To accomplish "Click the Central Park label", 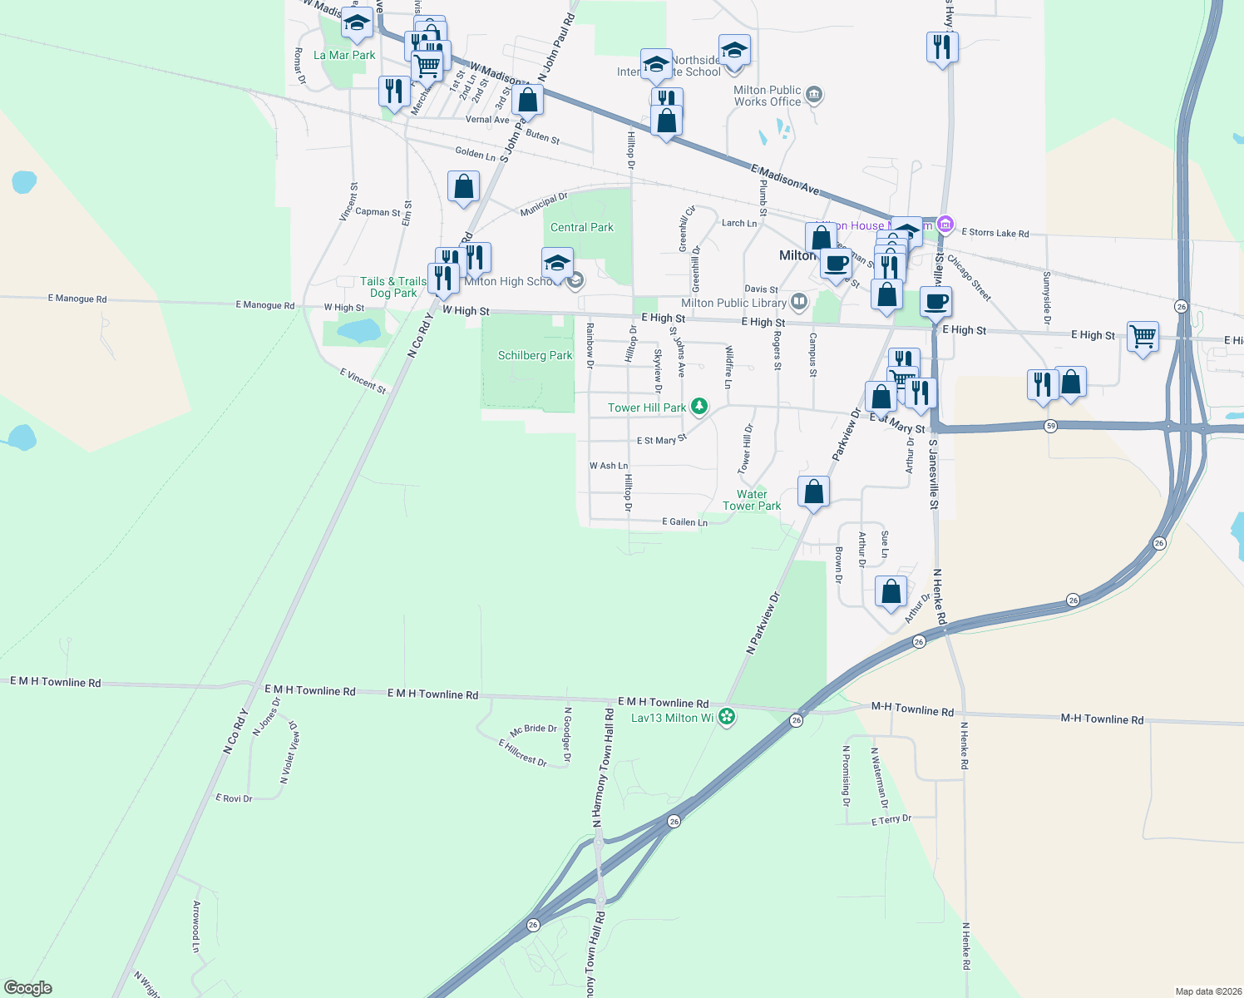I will (x=581, y=227).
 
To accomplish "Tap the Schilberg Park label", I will (x=535, y=355).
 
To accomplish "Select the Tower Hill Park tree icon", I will (x=700, y=407).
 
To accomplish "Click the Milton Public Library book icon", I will (x=799, y=301).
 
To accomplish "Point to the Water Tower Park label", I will (x=752, y=500).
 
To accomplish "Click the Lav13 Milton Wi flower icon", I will (x=727, y=717).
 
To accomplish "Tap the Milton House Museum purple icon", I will (x=945, y=225).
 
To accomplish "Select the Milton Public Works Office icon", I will (x=814, y=95).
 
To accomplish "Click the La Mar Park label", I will (x=344, y=55).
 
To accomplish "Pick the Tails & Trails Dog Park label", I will (x=393, y=287).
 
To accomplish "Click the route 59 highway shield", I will (x=1051, y=426).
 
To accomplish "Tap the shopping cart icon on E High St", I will (x=1143, y=337).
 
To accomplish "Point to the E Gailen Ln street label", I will (x=684, y=521).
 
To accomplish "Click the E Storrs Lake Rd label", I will (x=995, y=233).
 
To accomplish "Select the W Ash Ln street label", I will (x=609, y=466).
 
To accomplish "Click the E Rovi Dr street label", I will (x=234, y=798).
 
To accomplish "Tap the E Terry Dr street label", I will (x=891, y=820).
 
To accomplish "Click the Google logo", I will (x=28, y=988).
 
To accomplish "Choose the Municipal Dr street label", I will (x=543, y=205).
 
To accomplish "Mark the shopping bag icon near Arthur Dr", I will (x=891, y=592).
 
